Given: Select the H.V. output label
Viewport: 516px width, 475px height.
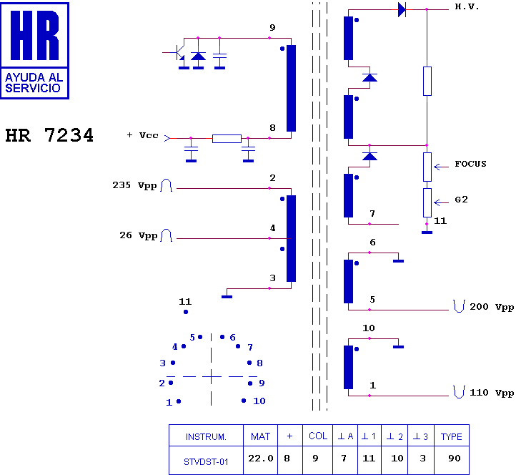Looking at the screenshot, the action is [x=467, y=7].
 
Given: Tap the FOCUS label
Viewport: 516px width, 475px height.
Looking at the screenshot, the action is [x=470, y=164].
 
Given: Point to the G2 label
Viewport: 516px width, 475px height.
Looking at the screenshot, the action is [x=461, y=200].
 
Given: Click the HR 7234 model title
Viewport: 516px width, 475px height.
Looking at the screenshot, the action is [x=49, y=135].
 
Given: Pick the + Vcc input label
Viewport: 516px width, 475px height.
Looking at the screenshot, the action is [x=142, y=135].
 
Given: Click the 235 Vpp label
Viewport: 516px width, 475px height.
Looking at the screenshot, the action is [x=134, y=185].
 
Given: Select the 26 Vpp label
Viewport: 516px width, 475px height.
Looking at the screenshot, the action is [x=138, y=235].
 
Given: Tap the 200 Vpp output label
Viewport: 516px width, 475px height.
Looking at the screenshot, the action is [x=492, y=307].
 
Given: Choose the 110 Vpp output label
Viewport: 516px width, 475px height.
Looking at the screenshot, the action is [x=492, y=393].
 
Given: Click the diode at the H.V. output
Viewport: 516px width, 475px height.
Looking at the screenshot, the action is [x=402, y=9].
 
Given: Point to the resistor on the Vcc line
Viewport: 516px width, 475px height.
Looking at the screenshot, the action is [x=227, y=138].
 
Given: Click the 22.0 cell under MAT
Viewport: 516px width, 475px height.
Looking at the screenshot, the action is [x=261, y=459].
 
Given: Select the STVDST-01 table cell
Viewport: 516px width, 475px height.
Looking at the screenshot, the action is [x=206, y=462].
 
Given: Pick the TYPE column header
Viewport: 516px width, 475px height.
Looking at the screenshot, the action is [x=452, y=436].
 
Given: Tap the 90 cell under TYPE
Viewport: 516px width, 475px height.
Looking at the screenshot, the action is [x=455, y=459].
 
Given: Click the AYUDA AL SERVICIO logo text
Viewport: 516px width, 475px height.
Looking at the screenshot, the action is [x=34, y=83].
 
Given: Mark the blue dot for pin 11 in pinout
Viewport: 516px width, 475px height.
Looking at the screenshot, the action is [x=186, y=312].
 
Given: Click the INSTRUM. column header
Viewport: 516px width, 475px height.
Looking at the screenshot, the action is [x=206, y=437].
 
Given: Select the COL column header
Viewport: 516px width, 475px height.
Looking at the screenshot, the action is [x=318, y=436].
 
